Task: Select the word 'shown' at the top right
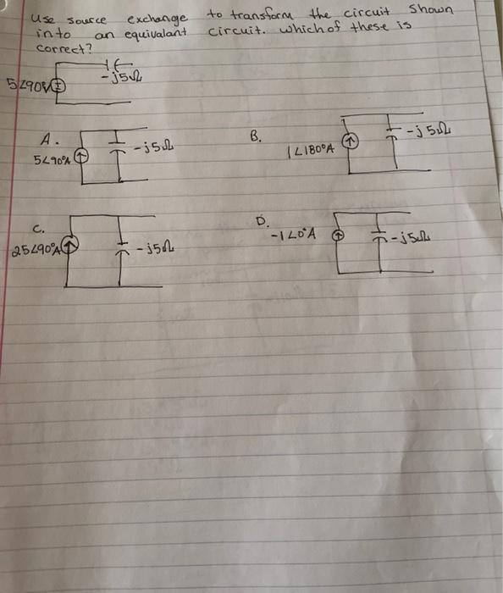(x=430, y=10)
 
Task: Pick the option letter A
(x=49, y=138)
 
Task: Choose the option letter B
(x=257, y=136)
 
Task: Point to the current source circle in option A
(x=81, y=157)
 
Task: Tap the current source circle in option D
(x=339, y=238)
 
